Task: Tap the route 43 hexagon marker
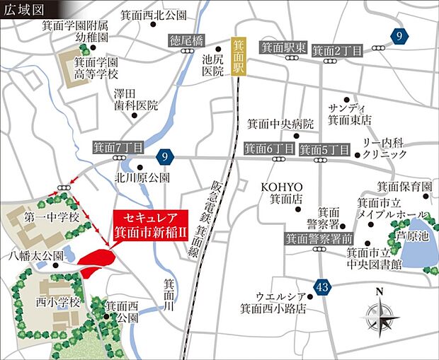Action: [x=324, y=287]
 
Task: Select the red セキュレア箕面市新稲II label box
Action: [x=149, y=223]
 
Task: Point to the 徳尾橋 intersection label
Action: [x=186, y=41]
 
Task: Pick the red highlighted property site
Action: [x=96, y=262]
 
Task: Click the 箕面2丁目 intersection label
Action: [x=338, y=50]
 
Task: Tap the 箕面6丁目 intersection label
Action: [x=269, y=149]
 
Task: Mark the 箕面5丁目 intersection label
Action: [x=324, y=149]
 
